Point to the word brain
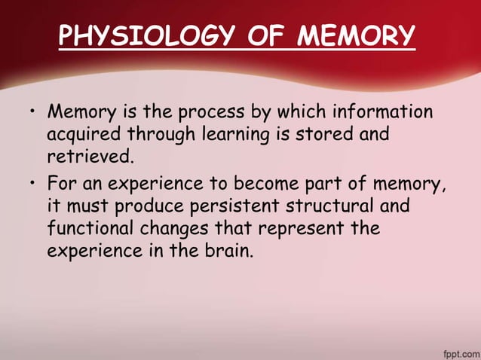tap(228, 250)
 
